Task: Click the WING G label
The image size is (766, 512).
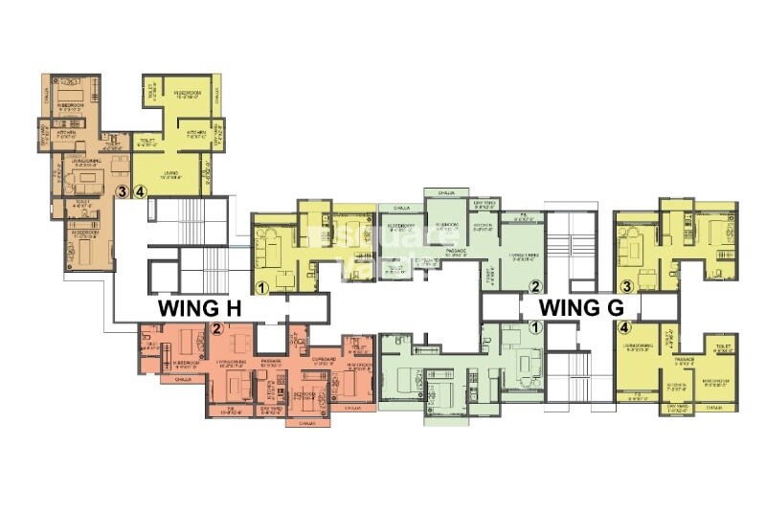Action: point(581,307)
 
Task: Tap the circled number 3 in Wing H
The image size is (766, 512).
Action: point(122,191)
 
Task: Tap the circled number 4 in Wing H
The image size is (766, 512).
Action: point(141,191)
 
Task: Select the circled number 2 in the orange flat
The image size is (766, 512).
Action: point(217,330)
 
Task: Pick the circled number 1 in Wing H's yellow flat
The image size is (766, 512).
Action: point(261,285)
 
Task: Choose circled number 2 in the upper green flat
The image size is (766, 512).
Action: point(536,285)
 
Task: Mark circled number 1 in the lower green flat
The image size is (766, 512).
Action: point(536,326)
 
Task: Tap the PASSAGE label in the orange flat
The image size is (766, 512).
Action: point(268,361)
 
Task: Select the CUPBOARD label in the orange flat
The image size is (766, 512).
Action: point(322,361)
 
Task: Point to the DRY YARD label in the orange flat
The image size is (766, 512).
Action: point(271,408)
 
